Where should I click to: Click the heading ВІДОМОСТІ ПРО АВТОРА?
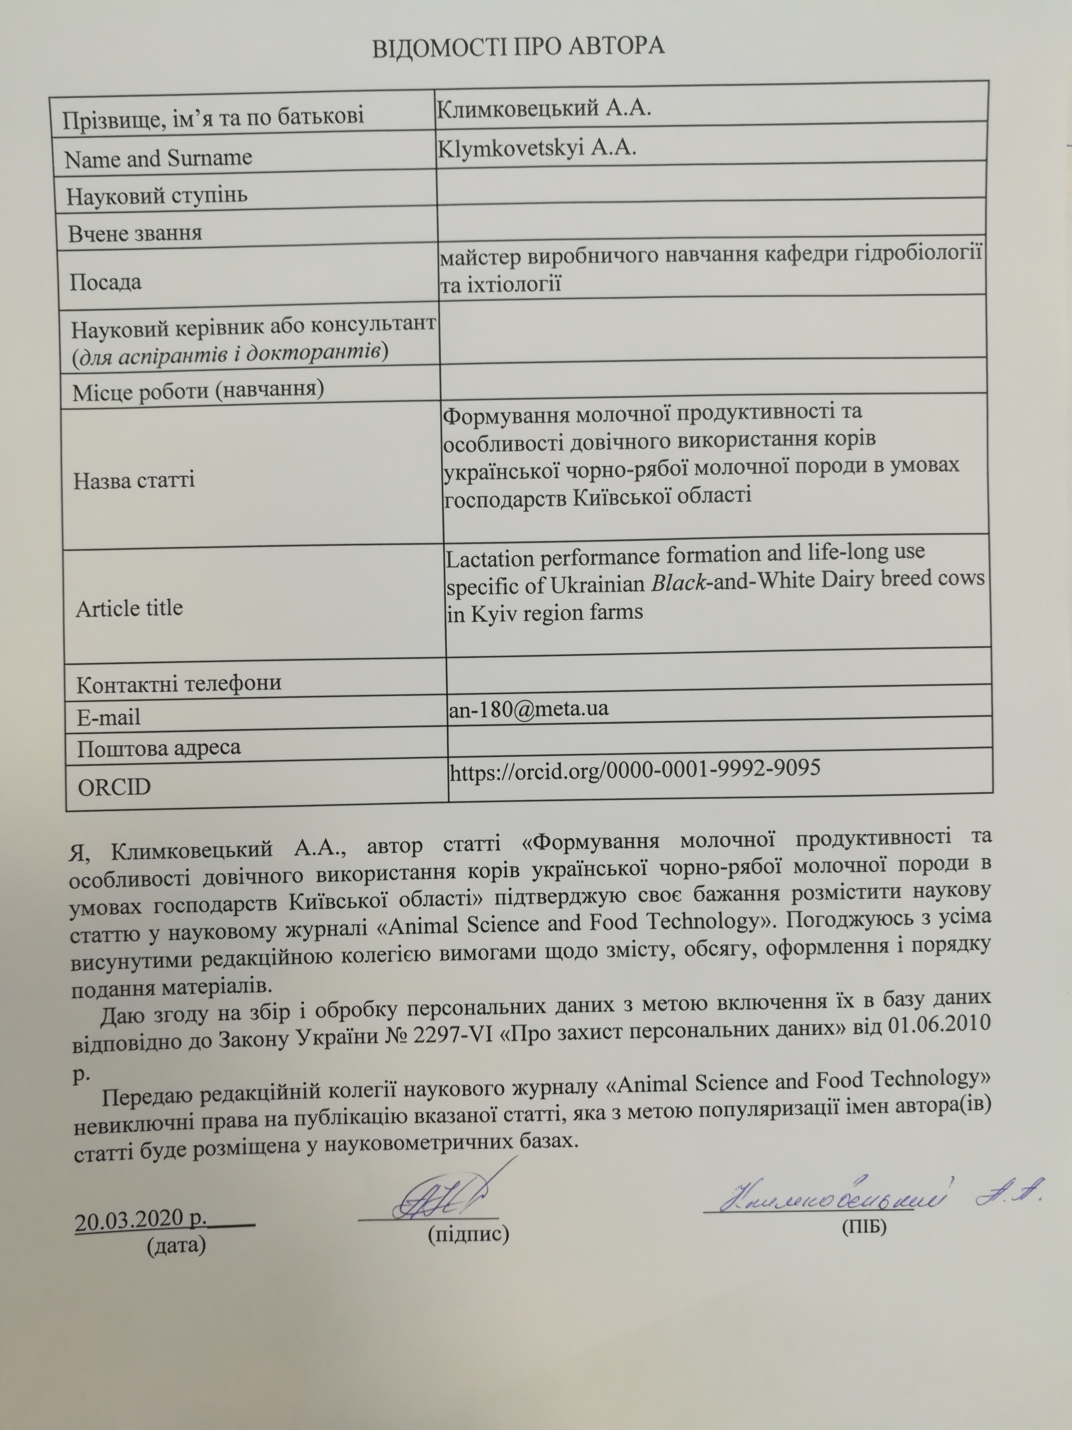point(518,46)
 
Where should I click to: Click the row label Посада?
point(105,282)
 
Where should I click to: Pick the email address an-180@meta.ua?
point(528,709)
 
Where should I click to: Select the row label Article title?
point(129,608)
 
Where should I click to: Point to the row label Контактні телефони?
point(179,683)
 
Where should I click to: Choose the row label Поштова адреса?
point(159,748)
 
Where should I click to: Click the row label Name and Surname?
point(158,158)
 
